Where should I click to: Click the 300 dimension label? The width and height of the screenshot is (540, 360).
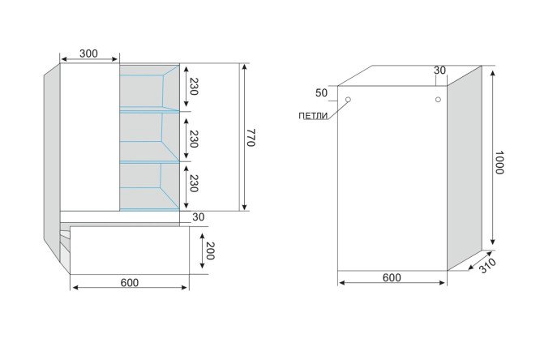pyautogui.click(x=88, y=54)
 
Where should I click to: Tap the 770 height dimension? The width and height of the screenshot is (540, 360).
pyautogui.click(x=251, y=138)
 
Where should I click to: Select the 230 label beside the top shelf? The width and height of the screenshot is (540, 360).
pyautogui.click(x=194, y=87)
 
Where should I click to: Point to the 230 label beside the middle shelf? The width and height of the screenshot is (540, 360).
pyautogui.click(x=194, y=139)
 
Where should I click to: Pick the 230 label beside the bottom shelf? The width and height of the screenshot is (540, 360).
pyautogui.click(x=194, y=183)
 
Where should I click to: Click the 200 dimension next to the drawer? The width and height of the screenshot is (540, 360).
pyautogui.click(x=210, y=251)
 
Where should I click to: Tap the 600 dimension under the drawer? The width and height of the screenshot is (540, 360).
pyautogui.click(x=130, y=282)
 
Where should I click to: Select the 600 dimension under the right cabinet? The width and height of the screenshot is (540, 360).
pyautogui.click(x=392, y=277)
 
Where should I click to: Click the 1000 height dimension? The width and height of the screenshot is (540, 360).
pyautogui.click(x=499, y=162)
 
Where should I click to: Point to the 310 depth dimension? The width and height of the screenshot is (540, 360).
pyautogui.click(x=487, y=265)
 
